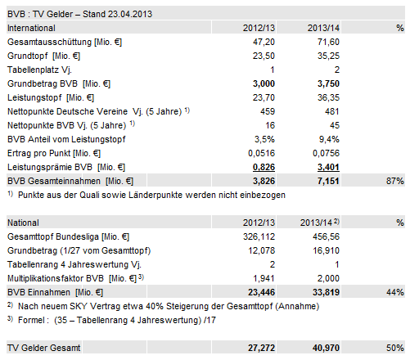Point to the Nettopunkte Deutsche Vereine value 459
[264, 110]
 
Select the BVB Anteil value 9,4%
[327, 138]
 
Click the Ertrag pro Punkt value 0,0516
[259, 152]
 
